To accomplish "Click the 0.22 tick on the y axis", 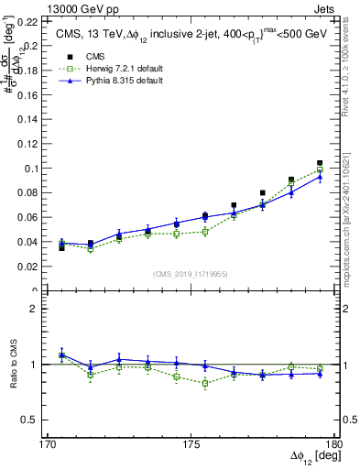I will coord(27,20).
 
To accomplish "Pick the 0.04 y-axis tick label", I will coord(27,242).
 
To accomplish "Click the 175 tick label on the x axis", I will coord(191,446).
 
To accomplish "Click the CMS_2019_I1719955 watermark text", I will coord(191,272).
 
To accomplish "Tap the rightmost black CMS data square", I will coord(320,163).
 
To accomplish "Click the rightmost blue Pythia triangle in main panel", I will coord(320,176).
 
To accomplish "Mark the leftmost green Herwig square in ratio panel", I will coord(61,354).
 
